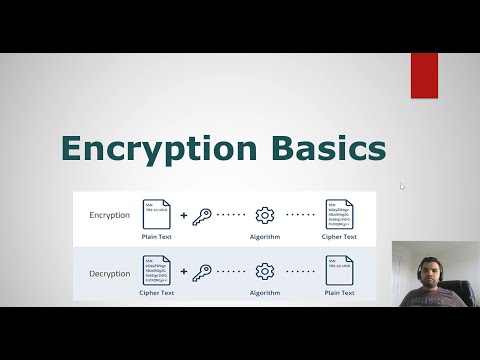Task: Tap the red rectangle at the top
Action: click(424, 75)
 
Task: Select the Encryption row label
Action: click(109, 215)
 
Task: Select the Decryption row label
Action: click(109, 272)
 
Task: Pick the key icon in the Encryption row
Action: click(201, 215)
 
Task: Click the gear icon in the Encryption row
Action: click(265, 215)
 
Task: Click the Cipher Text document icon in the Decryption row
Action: click(157, 271)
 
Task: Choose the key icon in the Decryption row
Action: click(201, 271)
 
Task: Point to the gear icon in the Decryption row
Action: click(265, 271)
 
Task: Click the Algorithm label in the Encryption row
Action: click(265, 237)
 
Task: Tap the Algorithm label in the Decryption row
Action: click(265, 293)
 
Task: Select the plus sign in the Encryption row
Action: click(183, 215)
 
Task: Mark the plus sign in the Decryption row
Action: click(183, 271)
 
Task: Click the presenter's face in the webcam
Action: click(434, 264)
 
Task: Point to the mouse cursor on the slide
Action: click(402, 185)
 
